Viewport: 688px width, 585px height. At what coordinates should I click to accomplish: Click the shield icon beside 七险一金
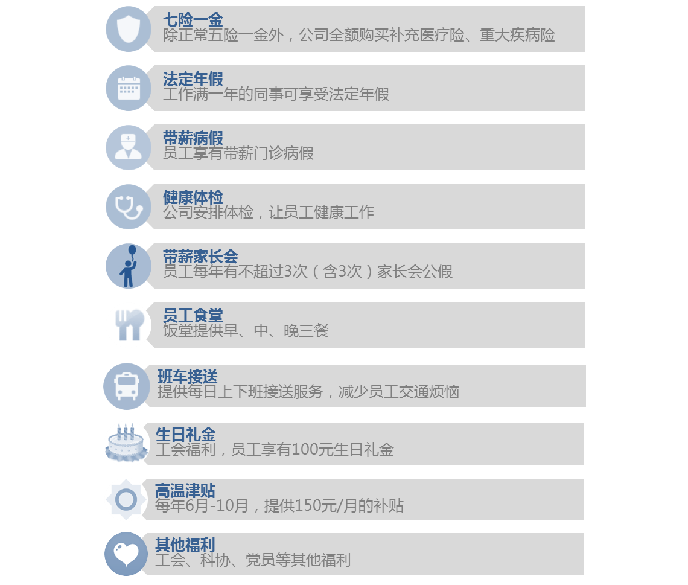[129, 29]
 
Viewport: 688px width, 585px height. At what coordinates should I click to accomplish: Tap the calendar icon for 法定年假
[129, 88]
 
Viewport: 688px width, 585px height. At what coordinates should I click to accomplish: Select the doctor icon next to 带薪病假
[129, 147]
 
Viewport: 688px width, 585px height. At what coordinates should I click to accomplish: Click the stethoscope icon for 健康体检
[129, 206]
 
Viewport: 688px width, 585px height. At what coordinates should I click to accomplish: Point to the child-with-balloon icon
[129, 266]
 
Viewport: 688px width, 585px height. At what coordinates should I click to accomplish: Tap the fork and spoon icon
[130, 325]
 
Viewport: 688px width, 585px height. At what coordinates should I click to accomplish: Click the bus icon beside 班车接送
[127, 386]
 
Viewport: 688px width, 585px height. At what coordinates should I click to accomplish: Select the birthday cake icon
[126, 443]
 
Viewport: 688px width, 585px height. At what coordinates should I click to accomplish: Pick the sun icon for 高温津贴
[126, 499]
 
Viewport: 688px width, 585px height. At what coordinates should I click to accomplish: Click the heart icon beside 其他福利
[126, 554]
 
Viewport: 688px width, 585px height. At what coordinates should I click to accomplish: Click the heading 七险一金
[193, 20]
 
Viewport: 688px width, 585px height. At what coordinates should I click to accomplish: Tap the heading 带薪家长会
[200, 257]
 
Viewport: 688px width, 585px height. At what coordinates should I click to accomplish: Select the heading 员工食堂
[193, 316]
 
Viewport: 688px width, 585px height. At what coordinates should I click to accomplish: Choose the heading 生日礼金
[186, 435]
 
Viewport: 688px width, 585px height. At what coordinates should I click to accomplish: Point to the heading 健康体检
[193, 197]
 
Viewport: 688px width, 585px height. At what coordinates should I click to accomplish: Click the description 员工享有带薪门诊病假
[238, 153]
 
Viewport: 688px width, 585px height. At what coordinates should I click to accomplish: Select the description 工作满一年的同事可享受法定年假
[276, 94]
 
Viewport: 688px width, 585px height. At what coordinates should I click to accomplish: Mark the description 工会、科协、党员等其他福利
[253, 560]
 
